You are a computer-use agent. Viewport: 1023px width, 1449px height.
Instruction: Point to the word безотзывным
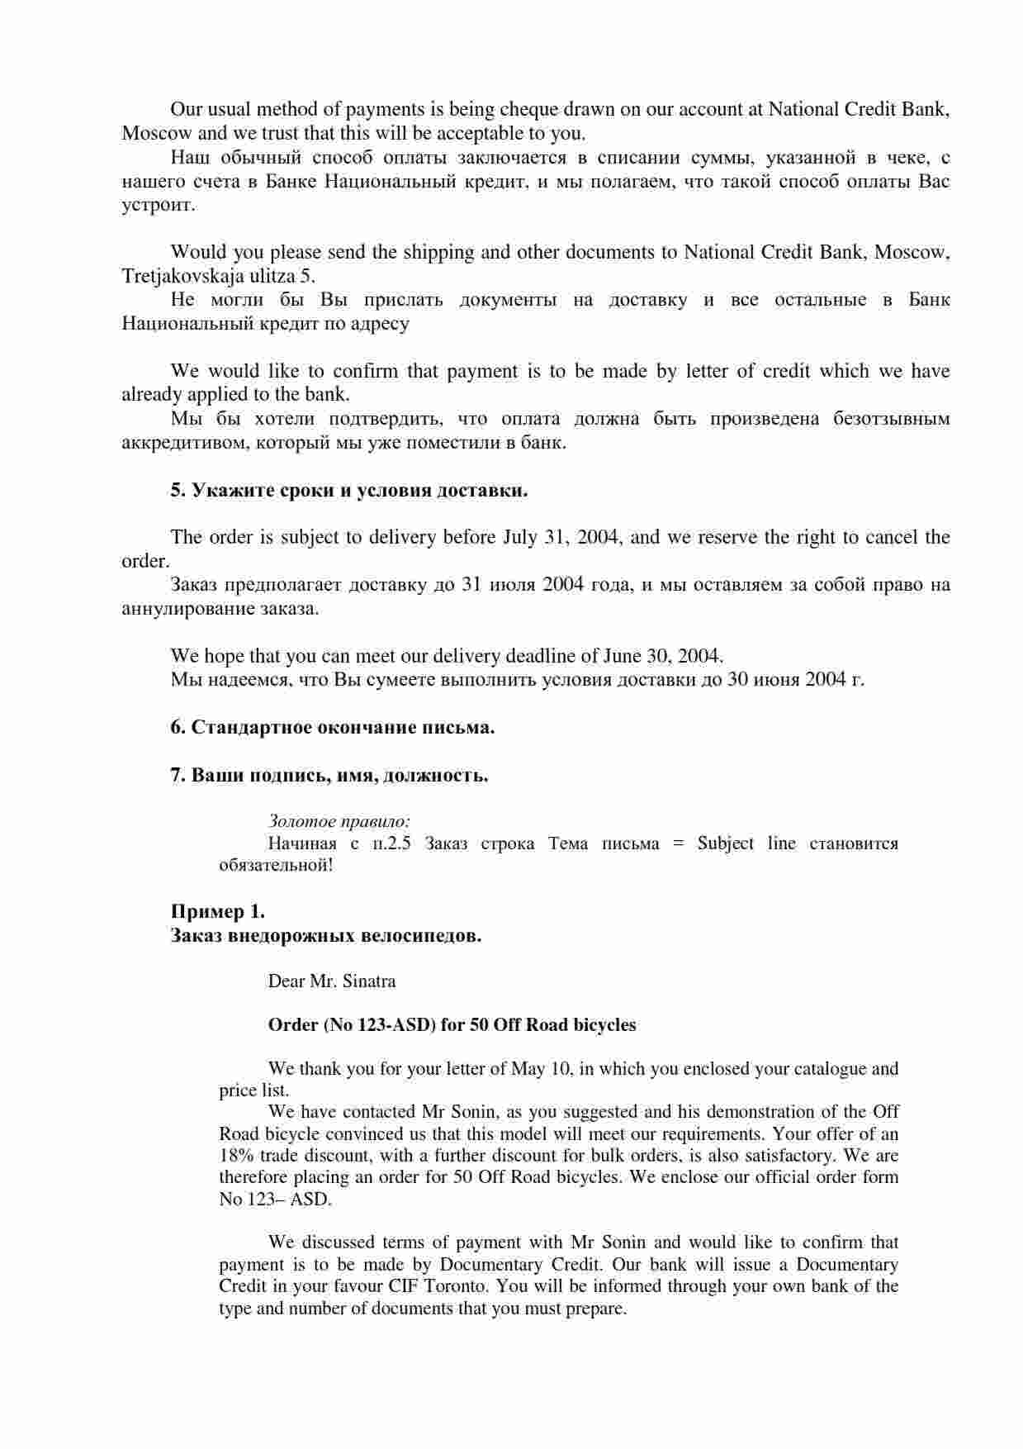[891, 419]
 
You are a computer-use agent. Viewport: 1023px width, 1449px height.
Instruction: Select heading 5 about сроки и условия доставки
[349, 491]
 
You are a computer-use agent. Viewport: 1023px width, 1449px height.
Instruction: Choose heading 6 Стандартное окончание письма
[333, 728]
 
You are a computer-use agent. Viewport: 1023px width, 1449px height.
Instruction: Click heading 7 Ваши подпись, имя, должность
[329, 776]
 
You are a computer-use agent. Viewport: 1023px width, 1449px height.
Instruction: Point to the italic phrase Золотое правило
[339, 822]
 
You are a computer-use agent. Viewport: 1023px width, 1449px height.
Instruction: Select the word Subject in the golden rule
[726, 844]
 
